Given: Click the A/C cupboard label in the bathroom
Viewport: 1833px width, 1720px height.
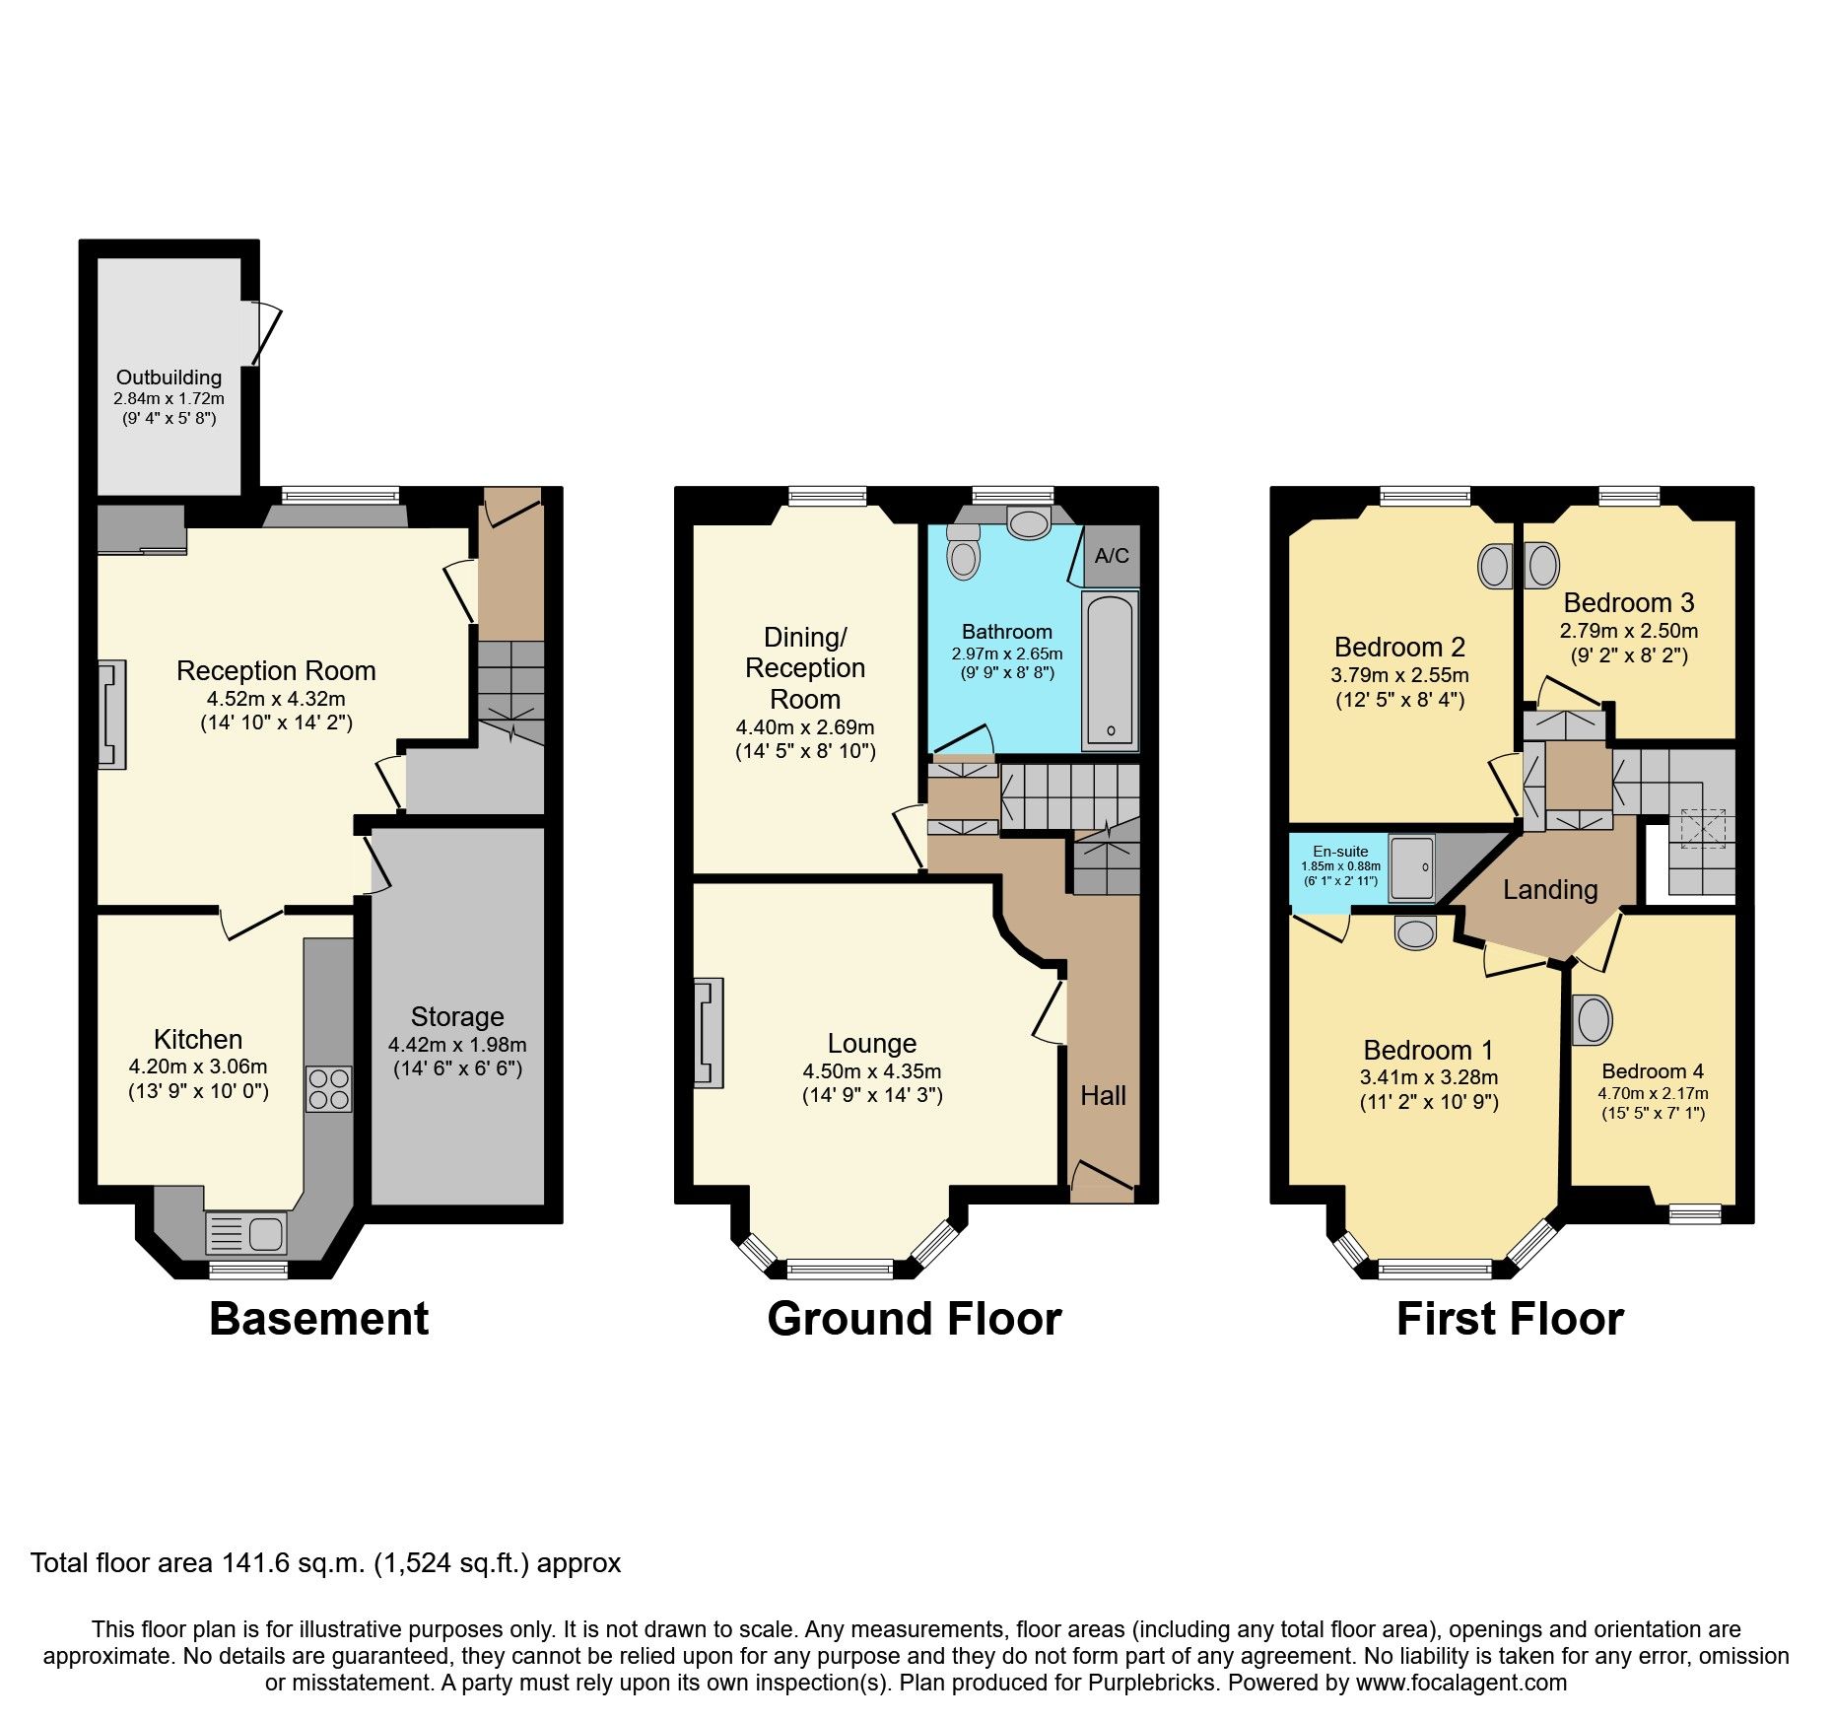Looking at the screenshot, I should point(1112,556).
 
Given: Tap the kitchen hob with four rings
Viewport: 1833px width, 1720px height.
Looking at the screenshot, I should point(328,1089).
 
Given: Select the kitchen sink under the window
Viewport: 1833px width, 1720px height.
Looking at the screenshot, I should point(247,1232).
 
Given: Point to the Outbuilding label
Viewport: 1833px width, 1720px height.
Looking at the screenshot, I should point(169,378).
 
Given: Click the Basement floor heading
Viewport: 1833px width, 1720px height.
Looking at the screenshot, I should point(318,1319).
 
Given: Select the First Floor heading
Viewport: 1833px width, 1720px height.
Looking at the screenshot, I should point(1509,1319).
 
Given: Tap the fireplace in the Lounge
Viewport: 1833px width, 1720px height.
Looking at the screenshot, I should point(708,1033).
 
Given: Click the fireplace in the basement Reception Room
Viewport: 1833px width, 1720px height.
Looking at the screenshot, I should point(111,715).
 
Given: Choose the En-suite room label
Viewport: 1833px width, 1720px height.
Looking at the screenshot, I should point(1340,852).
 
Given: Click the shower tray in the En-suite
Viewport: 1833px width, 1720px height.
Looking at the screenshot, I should point(1412,868).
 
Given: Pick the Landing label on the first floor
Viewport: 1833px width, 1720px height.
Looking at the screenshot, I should point(1549,890).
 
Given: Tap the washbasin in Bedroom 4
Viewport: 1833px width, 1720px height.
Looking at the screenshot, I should point(1591,1019).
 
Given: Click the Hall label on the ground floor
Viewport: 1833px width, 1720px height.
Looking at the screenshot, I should point(1103,1095).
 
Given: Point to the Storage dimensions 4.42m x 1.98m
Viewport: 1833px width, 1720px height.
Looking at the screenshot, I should point(457,1045).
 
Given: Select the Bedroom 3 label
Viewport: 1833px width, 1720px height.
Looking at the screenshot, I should point(1628,603).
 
